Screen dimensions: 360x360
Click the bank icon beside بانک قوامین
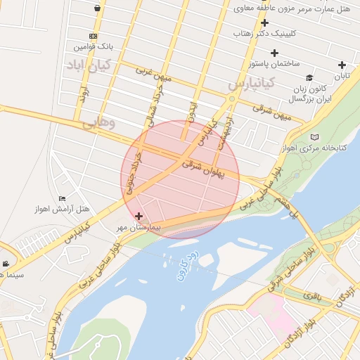click(x=94, y=36)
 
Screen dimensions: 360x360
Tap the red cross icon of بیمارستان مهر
click(x=139, y=217)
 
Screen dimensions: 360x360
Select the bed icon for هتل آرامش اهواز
click(x=62, y=199)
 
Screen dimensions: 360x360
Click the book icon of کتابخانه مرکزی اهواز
click(x=314, y=136)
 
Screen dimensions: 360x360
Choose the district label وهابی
click(x=98, y=122)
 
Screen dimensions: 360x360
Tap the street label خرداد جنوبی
click(x=134, y=171)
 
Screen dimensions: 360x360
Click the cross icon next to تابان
click(x=342, y=65)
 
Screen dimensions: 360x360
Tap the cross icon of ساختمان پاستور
click(x=274, y=53)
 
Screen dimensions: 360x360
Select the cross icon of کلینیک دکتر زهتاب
click(x=264, y=22)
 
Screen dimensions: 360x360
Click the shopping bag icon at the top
click(x=96, y=8)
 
